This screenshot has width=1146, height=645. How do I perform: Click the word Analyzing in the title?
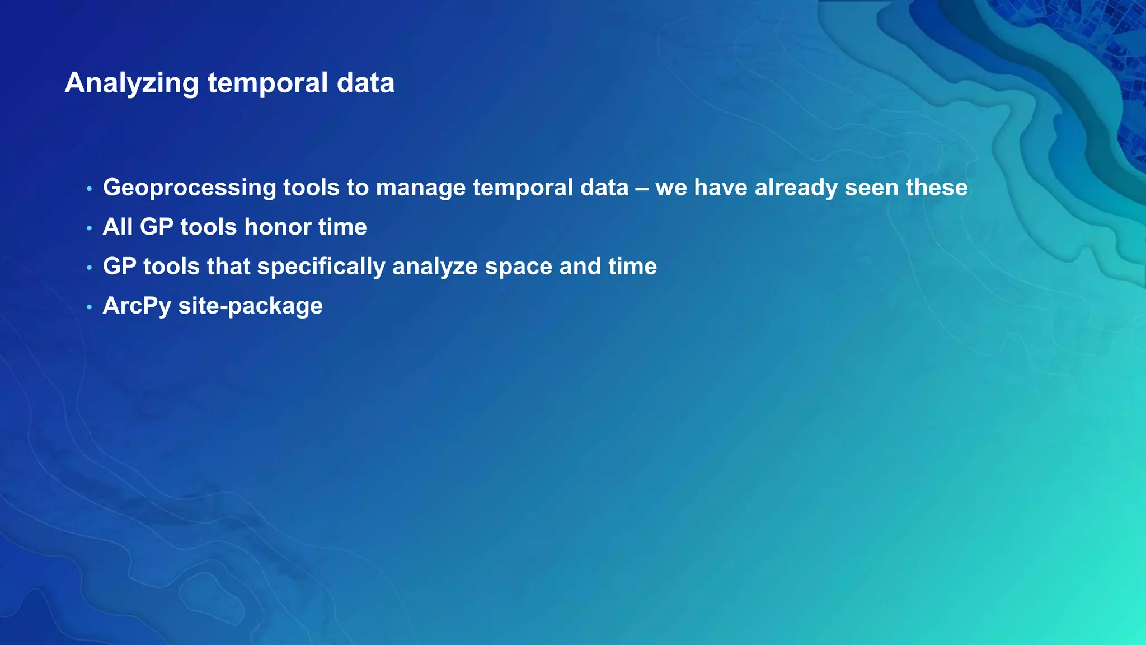131,83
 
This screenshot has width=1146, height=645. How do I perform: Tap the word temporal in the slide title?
268,83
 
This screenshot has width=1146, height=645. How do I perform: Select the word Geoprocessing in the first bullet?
189,188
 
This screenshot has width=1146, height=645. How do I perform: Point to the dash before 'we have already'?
642,188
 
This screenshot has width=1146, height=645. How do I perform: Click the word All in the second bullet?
118,227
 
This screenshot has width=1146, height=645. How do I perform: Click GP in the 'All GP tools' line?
156,227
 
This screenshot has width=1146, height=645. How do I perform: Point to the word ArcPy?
137,306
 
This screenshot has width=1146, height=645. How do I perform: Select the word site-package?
250,306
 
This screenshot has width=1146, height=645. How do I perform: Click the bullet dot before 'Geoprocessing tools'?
89,189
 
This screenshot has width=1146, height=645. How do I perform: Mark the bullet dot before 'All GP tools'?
89,228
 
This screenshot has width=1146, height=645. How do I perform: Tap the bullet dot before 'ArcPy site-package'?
89,307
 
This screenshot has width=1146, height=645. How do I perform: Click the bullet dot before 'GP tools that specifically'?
89,268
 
